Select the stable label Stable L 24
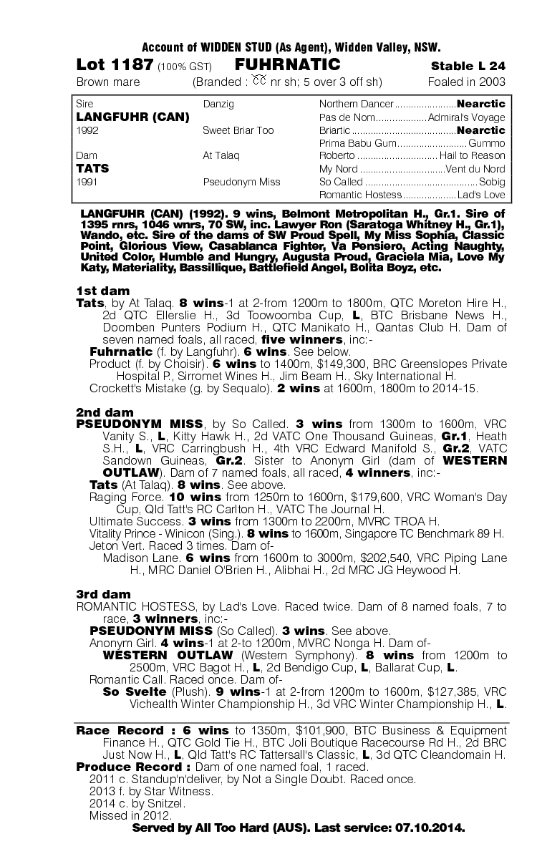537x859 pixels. click(468, 66)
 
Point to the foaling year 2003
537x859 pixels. click(490, 82)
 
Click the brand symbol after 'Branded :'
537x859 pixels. click(258, 81)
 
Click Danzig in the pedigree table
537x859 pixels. click(219, 104)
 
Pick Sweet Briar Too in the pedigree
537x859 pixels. click(238, 130)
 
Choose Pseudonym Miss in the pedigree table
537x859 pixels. click(241, 182)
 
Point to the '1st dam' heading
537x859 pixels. click(103, 291)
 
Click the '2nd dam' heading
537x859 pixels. click(104, 412)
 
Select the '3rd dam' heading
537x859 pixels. click(104, 594)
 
